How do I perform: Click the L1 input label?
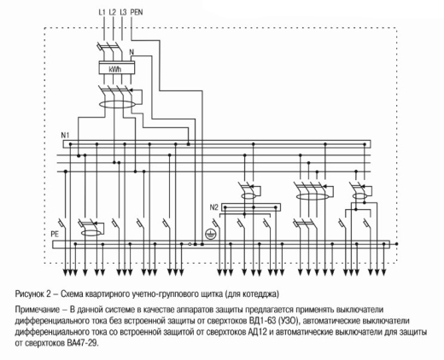point(102,12)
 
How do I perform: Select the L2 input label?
point(113,12)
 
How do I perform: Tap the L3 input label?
point(123,12)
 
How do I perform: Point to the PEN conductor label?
point(137,12)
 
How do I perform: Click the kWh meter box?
point(117,67)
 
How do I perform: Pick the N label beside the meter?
point(131,52)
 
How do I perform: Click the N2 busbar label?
point(213,207)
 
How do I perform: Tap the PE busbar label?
point(55,235)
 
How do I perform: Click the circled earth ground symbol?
point(210,234)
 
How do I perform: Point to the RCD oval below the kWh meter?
point(117,104)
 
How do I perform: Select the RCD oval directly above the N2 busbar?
point(249,196)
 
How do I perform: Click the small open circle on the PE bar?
point(190,244)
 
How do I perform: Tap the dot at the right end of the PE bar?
point(397,244)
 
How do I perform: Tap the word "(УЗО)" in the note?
point(289,322)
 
